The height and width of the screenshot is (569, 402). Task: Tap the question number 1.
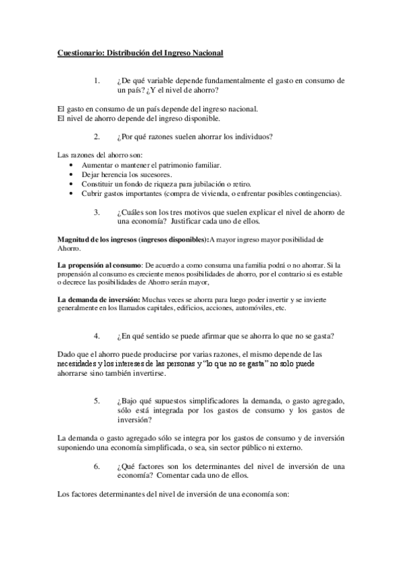[97, 80]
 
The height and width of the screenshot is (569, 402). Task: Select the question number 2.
[97, 137]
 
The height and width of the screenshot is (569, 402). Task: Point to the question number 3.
[97, 212]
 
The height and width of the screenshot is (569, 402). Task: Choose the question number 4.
[97, 335]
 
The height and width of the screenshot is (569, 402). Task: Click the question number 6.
[97, 466]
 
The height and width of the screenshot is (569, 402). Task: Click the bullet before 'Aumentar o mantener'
[72, 165]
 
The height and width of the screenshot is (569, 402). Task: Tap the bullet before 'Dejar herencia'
[72, 174]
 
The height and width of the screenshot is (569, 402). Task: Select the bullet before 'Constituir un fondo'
[72, 184]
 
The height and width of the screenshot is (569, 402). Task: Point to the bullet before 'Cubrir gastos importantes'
[72, 194]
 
